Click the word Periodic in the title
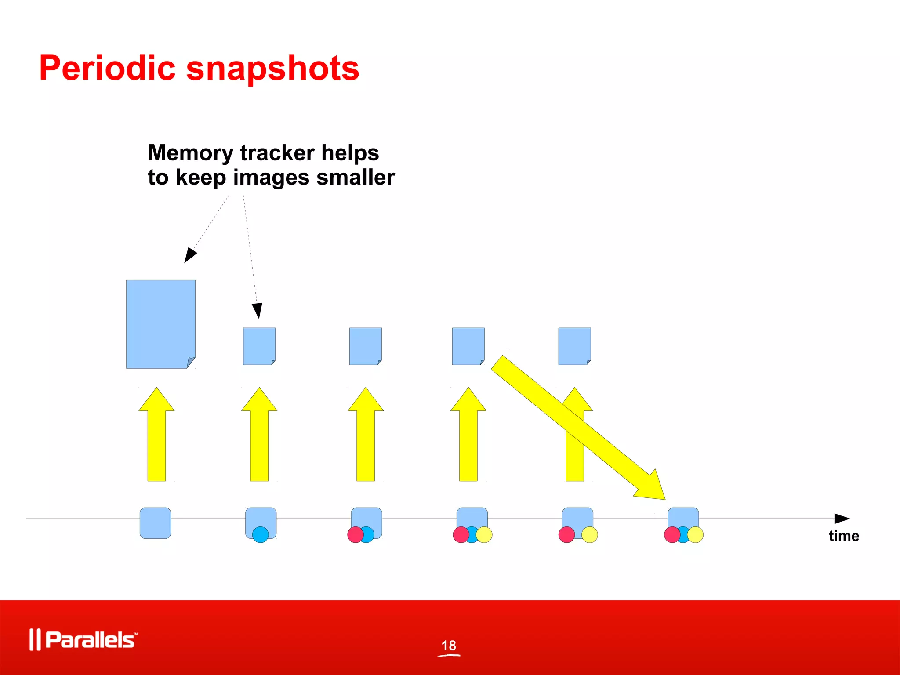coord(107,69)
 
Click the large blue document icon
coord(160,324)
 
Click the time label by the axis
coord(844,536)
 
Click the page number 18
coord(449,646)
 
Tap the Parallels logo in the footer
coord(83,639)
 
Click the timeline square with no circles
coord(155,523)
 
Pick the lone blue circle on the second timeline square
coord(260,535)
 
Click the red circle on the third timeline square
coord(355,535)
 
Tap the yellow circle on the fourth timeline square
coord(484,535)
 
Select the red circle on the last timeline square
coord(671,535)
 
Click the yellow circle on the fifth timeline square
coord(590,535)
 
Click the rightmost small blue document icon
coord(574,346)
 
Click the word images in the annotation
coord(271,178)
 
